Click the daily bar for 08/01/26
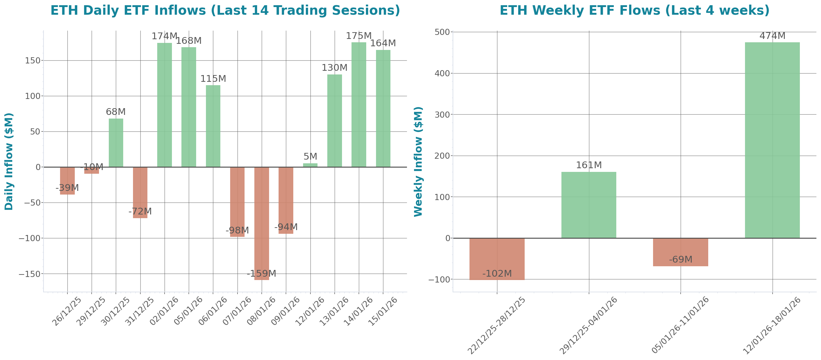(x=262, y=223)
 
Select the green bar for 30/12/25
(x=116, y=143)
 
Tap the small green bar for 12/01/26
(x=310, y=165)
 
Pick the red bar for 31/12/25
(x=140, y=192)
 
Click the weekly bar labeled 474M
(x=772, y=140)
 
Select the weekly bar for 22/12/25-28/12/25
(x=497, y=259)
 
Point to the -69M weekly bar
(x=680, y=252)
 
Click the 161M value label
(x=589, y=165)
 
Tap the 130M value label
(x=334, y=67)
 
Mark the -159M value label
(x=262, y=273)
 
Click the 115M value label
(x=213, y=78)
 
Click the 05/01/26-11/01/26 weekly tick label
(x=680, y=325)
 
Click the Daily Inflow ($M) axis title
(x=9, y=161)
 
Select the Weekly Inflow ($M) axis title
(x=418, y=161)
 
